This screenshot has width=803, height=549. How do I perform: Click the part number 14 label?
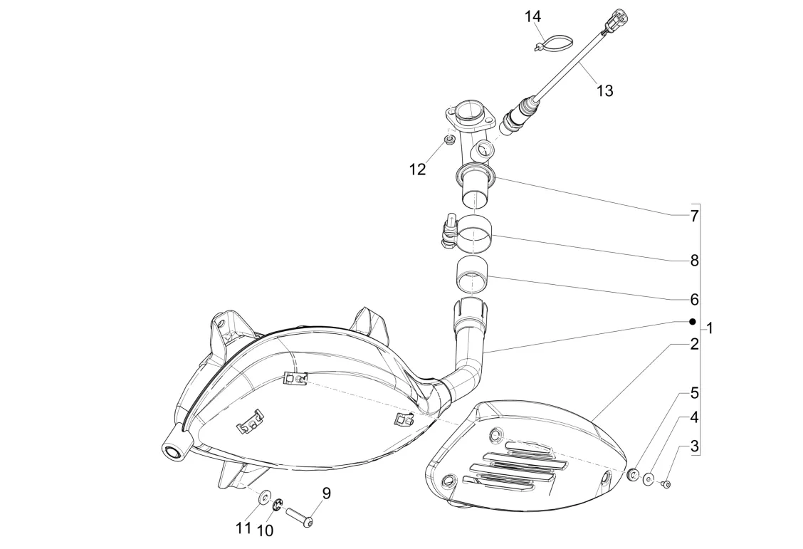click(533, 16)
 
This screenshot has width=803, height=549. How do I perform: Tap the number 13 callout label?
click(604, 90)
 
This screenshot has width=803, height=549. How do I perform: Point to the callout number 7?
click(694, 216)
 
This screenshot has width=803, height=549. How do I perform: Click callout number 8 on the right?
click(694, 261)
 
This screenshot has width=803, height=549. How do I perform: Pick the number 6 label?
click(694, 300)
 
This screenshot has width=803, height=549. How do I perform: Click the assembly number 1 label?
click(710, 328)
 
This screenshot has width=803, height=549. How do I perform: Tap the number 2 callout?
click(694, 345)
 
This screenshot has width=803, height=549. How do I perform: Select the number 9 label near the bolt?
click(327, 493)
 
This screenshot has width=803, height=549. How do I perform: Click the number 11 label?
click(244, 528)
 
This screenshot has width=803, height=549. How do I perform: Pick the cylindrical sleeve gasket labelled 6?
click(471, 275)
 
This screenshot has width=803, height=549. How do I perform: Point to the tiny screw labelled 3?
click(666, 484)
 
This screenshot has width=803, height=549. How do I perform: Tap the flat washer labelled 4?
click(649, 479)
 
